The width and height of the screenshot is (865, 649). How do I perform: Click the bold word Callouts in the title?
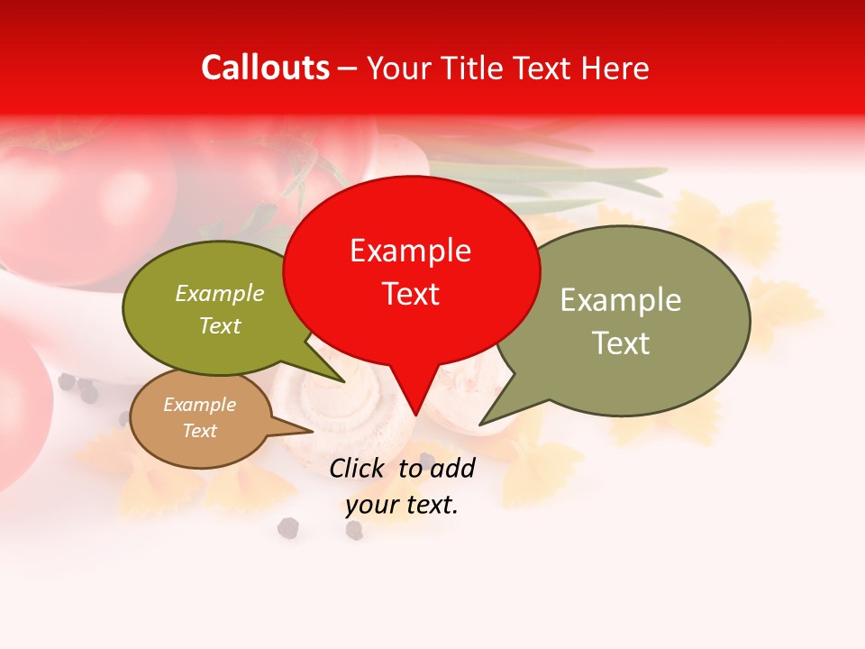(x=265, y=68)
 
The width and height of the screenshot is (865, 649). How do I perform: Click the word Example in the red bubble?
(x=410, y=251)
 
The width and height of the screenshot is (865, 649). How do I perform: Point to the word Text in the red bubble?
(x=410, y=294)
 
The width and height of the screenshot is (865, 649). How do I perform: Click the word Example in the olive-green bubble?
(x=220, y=294)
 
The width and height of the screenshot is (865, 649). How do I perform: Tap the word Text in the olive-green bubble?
(x=220, y=326)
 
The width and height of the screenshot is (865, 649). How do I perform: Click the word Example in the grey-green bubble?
(x=621, y=300)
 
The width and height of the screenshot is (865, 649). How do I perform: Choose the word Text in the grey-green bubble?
(x=621, y=343)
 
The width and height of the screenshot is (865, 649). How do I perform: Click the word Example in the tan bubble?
(x=199, y=405)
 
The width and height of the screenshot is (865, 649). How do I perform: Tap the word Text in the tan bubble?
(x=199, y=431)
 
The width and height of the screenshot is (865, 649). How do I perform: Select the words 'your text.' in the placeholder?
(x=402, y=506)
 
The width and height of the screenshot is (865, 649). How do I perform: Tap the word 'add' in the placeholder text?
(x=452, y=468)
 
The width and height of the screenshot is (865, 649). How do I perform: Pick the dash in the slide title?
(x=349, y=69)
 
